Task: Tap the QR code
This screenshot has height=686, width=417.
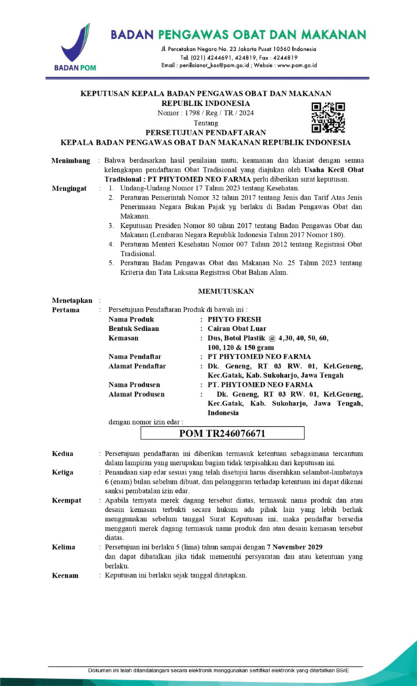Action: [x=328, y=117]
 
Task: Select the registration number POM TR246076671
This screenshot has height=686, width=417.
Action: [x=222, y=433]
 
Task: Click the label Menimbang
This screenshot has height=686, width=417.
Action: [x=70, y=161]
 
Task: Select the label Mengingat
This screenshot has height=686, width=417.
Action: [x=70, y=189]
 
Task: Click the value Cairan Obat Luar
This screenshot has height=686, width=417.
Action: [x=237, y=329]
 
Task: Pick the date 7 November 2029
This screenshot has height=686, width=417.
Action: [x=306, y=547]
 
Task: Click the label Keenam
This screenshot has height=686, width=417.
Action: [x=65, y=575]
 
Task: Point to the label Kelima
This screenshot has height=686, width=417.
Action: [x=65, y=547]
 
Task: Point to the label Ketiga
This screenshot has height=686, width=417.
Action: [x=64, y=472]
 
